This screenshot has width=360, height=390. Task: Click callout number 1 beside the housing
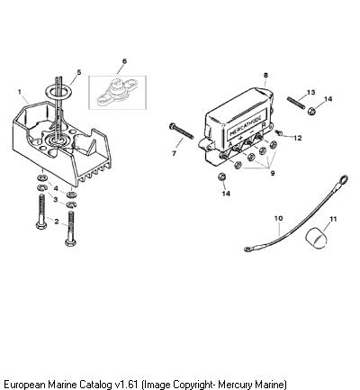point(20,92)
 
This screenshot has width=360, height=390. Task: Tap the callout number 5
point(79,72)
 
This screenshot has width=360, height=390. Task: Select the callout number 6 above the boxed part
point(124,61)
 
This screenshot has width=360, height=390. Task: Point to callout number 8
point(265,75)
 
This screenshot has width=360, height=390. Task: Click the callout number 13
point(311,92)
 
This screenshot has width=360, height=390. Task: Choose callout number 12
point(298,138)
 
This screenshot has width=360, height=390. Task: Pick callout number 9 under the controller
point(273,173)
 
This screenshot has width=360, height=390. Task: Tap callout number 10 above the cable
point(278,218)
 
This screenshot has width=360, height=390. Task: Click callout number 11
point(333,219)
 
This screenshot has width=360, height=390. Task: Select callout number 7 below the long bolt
point(174,153)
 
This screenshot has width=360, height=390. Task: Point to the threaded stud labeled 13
point(296,102)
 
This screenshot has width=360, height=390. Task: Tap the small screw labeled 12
point(278,132)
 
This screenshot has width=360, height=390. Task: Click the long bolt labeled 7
point(182,131)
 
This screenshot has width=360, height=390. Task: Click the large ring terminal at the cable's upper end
point(343,180)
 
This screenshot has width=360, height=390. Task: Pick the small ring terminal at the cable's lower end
point(248,249)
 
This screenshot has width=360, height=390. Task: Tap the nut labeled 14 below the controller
point(221,177)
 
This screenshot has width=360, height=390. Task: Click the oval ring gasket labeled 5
point(58,91)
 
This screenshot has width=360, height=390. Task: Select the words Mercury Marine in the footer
point(251,385)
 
